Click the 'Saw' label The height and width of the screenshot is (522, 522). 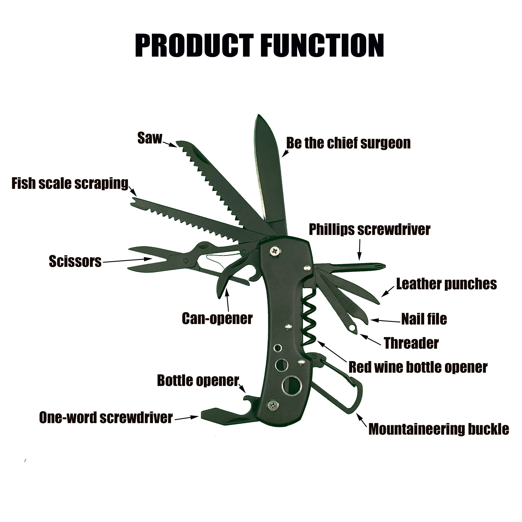[x=149, y=138]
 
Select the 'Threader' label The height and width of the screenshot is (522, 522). [x=411, y=343]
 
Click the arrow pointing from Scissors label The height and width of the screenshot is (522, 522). [x=127, y=260]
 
